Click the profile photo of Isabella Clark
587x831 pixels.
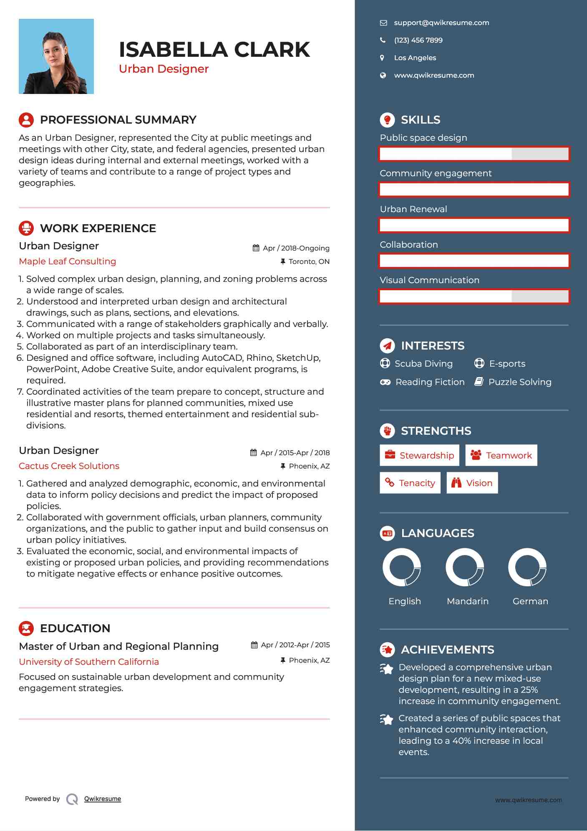point(56,56)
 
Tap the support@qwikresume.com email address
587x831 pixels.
point(441,23)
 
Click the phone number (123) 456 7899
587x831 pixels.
point(418,41)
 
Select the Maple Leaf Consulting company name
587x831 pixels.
point(68,261)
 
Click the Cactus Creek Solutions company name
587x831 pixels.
point(69,466)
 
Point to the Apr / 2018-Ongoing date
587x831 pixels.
point(296,248)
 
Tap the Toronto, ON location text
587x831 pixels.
point(309,262)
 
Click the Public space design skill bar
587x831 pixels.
point(474,154)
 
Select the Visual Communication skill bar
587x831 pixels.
point(474,296)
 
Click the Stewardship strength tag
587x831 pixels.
point(419,455)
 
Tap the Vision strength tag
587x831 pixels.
point(472,483)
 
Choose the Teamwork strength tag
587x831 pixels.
point(501,455)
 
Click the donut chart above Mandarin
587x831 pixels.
point(464,568)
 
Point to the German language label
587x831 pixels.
point(530,601)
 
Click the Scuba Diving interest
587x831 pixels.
point(423,364)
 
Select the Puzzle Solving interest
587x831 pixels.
point(519,382)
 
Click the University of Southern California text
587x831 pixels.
point(89,662)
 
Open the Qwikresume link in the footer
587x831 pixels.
point(103,799)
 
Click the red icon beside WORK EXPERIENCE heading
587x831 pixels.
point(26,228)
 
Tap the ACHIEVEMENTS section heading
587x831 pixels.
point(447,650)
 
